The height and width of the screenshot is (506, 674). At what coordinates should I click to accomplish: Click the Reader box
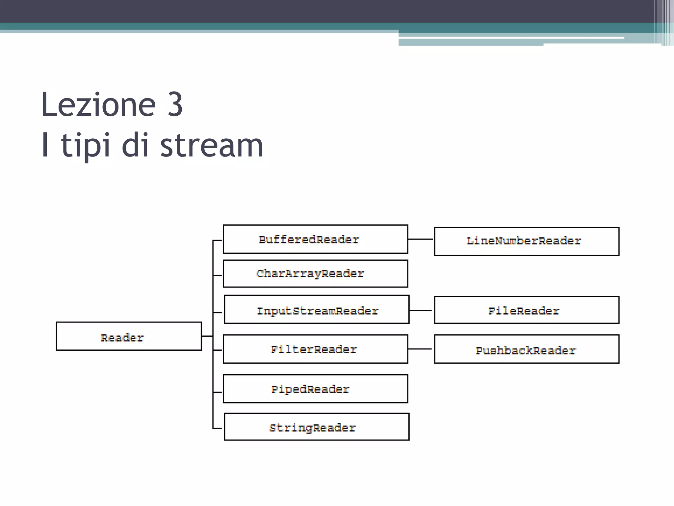click(x=129, y=336)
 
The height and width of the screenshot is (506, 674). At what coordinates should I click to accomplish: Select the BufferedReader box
click(x=315, y=239)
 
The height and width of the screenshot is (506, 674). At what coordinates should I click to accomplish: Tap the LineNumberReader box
click(x=527, y=241)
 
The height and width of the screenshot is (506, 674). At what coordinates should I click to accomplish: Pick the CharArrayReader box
click(x=315, y=273)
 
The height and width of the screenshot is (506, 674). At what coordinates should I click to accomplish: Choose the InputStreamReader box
click(x=317, y=309)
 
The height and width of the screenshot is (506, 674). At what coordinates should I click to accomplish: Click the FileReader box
click(x=527, y=310)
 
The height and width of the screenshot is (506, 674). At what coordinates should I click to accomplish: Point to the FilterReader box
click(x=315, y=349)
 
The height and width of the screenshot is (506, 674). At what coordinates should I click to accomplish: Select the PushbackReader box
click(x=527, y=349)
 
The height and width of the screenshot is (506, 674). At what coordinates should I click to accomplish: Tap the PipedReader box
click(x=315, y=389)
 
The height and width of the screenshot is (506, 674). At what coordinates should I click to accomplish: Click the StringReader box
click(x=317, y=427)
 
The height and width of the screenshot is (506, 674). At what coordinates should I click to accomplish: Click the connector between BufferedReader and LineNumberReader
click(x=420, y=239)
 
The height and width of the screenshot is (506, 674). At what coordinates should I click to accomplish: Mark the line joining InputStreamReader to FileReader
click(x=420, y=310)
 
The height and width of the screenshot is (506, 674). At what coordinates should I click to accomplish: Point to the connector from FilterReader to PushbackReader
click(x=420, y=349)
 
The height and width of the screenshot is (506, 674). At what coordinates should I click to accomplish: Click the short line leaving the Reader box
click(x=207, y=336)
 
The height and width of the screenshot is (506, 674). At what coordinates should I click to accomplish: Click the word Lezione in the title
click(x=98, y=105)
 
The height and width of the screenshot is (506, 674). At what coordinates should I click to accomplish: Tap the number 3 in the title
click(x=175, y=105)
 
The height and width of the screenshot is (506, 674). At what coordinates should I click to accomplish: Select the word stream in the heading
click(x=211, y=145)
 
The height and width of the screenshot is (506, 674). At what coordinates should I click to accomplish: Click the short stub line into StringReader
click(x=218, y=428)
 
